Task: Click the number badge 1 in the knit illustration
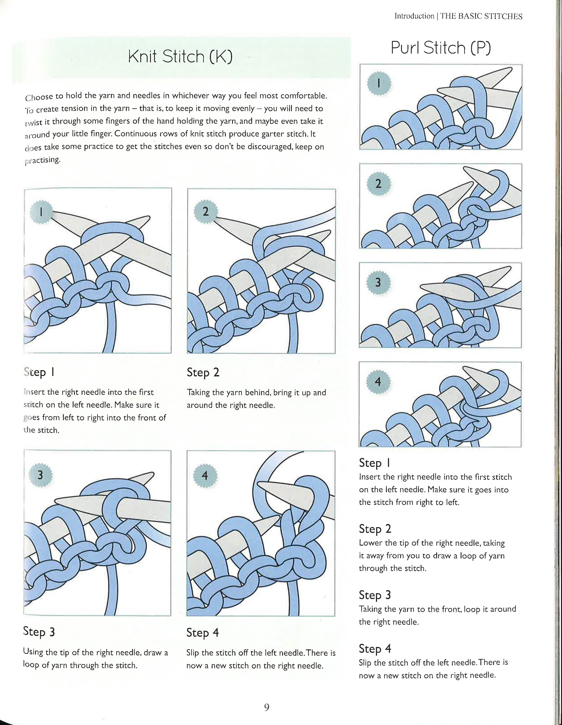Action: [x=41, y=212]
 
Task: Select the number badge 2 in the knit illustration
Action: [x=205, y=211]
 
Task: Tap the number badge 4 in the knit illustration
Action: [x=205, y=476]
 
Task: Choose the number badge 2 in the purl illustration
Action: [x=378, y=184]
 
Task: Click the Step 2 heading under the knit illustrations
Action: [x=203, y=372]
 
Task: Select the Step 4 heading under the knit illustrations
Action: [x=203, y=633]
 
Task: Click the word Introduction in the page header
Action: [x=414, y=16]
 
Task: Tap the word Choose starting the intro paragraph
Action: [x=39, y=97]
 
